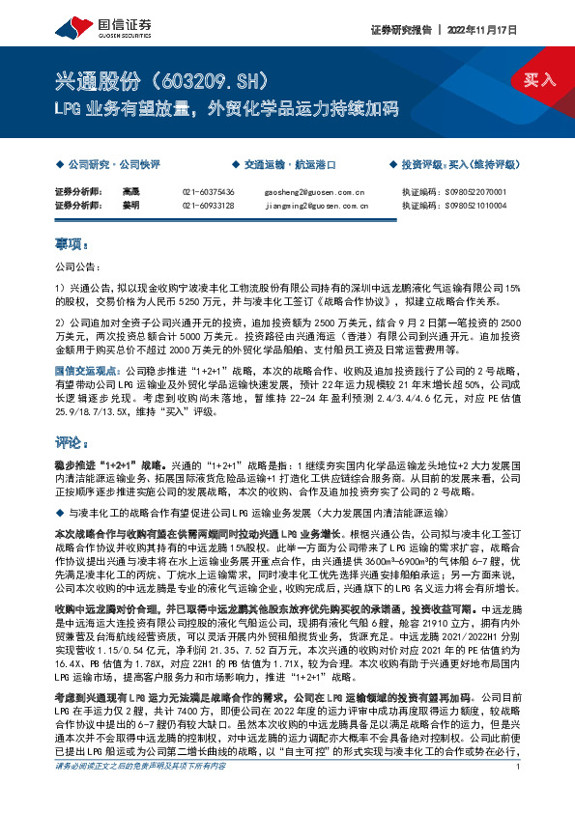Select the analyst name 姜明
point(131,205)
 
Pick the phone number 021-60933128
point(208,205)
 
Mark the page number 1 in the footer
point(519,795)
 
